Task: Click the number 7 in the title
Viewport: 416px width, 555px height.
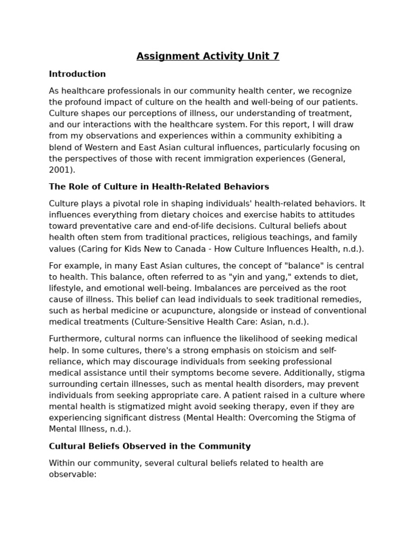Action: (x=276, y=56)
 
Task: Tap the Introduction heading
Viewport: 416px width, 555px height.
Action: (x=77, y=74)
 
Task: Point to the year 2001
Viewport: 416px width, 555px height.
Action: (x=60, y=170)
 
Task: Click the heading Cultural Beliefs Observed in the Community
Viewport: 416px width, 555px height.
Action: (x=150, y=447)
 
